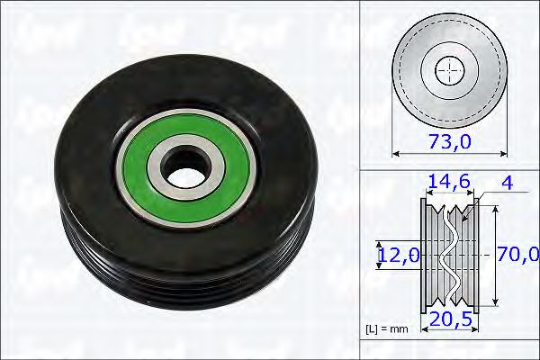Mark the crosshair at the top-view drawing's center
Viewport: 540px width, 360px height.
point(449,70)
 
